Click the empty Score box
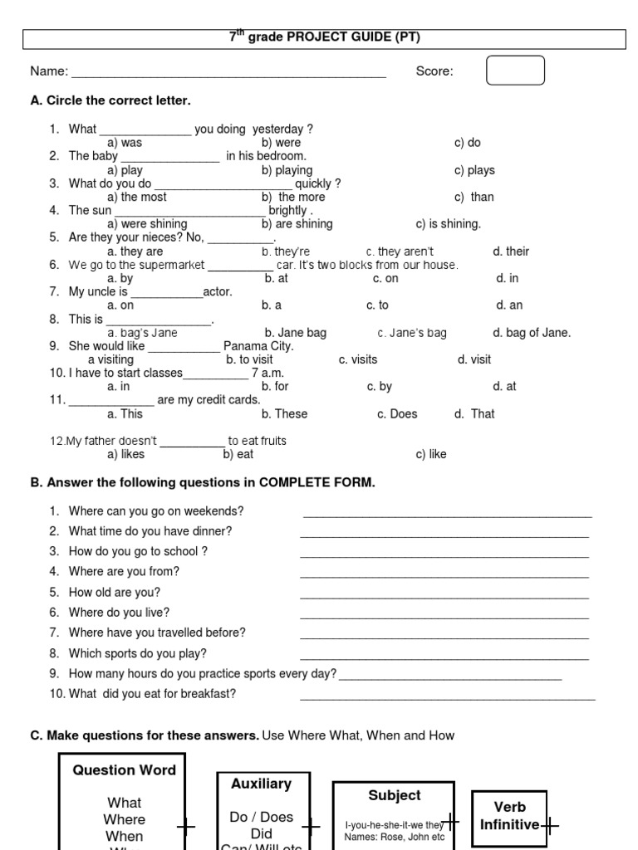pos(515,71)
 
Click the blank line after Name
pos(228,73)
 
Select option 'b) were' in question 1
pos(281,143)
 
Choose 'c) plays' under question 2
pos(474,170)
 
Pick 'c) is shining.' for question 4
pos(449,224)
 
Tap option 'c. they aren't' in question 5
pos(400,252)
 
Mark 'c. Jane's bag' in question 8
pos(412,333)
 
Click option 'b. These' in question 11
pos(284,413)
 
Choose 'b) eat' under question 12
pos(238,454)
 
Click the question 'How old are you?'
pos(115,592)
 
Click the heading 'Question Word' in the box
pos(125,770)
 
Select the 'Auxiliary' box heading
pos(262,784)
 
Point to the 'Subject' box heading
pos(395,795)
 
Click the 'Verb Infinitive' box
pos(510,816)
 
